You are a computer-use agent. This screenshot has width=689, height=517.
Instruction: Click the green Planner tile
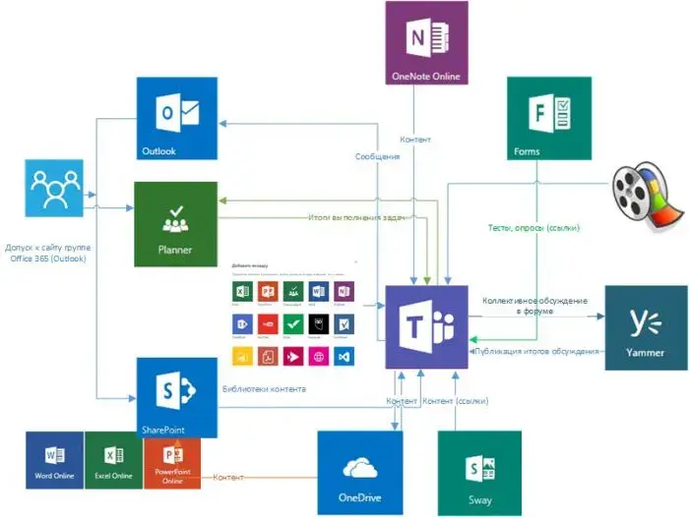coord(175,223)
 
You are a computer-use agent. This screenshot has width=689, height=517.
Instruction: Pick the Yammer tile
coord(646,327)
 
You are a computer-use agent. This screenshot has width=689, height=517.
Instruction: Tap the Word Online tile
coord(55,461)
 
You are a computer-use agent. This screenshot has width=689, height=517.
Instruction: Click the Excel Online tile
coord(113,461)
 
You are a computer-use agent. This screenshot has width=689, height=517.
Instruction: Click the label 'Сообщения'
coord(377,156)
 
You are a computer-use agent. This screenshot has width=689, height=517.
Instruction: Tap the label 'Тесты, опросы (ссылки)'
coord(533,227)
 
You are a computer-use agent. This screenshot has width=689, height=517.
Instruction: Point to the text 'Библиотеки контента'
coord(265,389)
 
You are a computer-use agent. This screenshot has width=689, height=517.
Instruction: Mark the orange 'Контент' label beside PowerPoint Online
coord(229,478)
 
